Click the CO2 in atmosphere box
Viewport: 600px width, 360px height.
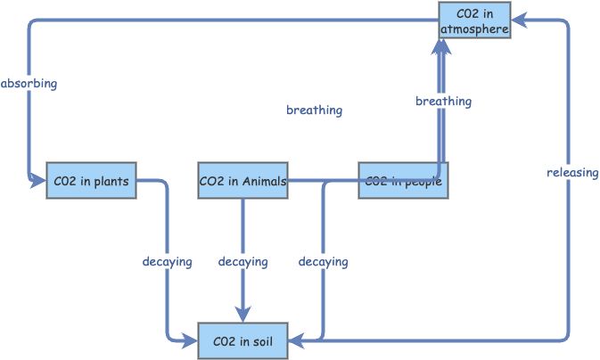coord(474,21)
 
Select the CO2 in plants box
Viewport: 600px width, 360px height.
coord(91,181)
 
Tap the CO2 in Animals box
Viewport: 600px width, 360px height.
coord(242,181)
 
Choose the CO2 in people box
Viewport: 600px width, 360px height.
coord(402,181)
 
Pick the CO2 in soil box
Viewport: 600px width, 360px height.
coord(242,340)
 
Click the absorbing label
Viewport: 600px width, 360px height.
coord(29,84)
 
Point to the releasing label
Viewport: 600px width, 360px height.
coord(572,172)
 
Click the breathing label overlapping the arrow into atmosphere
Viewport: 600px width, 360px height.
coord(443,102)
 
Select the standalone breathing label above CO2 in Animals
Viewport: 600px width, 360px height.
coord(314,110)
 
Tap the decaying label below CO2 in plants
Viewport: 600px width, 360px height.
coord(167,262)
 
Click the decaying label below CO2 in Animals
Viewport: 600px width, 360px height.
coord(242,262)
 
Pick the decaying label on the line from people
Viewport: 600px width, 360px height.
coord(323,262)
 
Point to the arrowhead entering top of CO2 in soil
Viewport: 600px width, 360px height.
coord(242,315)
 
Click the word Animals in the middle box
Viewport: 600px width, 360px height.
coord(264,182)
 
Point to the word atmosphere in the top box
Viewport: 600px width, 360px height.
coord(474,29)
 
